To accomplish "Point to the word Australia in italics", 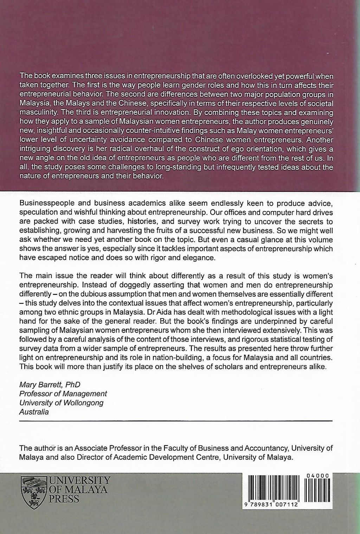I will pyautogui.click(x=34, y=412).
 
